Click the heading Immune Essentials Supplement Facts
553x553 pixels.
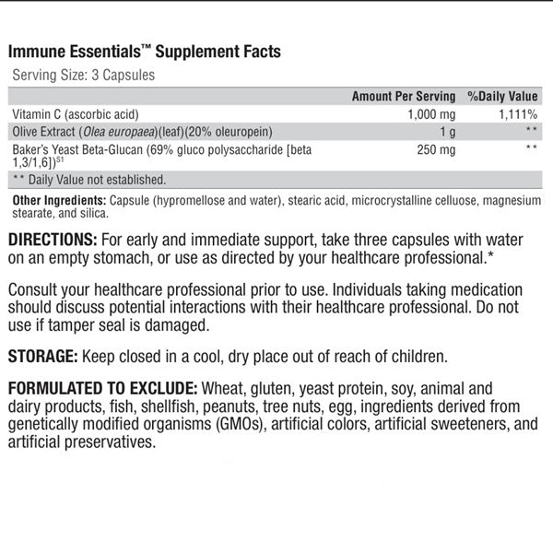tap(145, 52)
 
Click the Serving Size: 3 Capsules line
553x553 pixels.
tap(83, 76)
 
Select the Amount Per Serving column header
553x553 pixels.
tap(404, 96)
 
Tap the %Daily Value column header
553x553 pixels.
tap(502, 96)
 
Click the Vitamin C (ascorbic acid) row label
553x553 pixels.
tap(75, 113)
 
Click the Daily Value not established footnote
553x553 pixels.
tap(88, 179)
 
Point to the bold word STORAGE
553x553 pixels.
tap(41, 357)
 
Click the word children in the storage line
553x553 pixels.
tap(419, 357)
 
